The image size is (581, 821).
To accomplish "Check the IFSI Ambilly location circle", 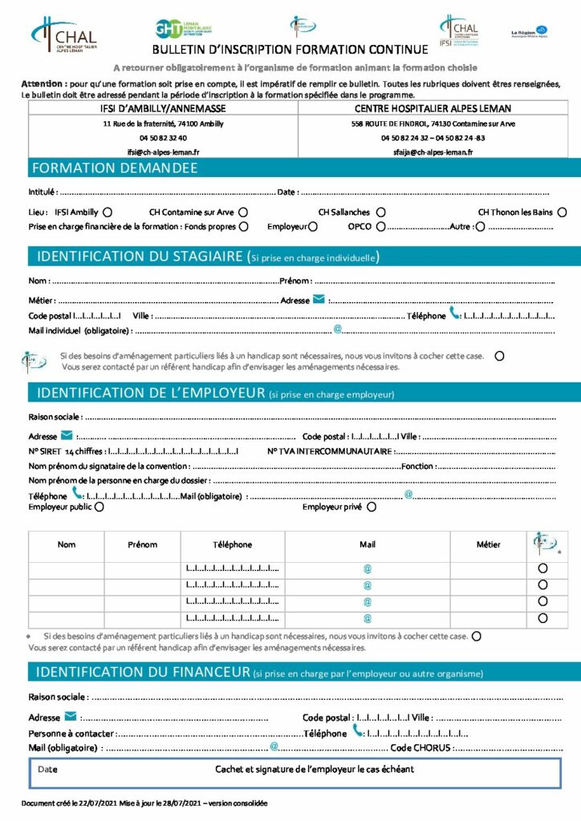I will click(107, 212).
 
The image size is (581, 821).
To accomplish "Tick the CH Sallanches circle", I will click(380, 212).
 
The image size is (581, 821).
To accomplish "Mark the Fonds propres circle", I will click(243, 227).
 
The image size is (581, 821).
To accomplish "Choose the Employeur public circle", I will click(99, 507).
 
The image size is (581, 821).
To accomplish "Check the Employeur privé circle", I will click(371, 507).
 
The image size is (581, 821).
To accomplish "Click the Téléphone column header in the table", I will click(233, 544).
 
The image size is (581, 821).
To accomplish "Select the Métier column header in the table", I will click(488, 544).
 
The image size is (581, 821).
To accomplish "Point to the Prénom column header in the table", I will click(142, 544).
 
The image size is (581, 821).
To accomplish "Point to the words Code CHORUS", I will click(421, 748).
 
